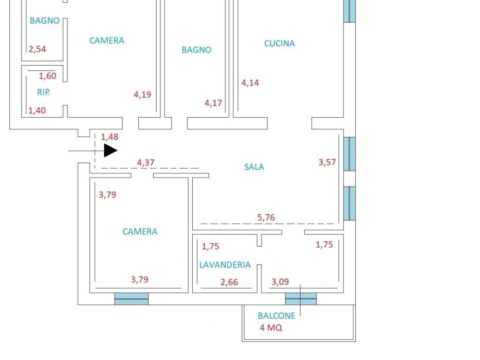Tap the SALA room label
[254, 167]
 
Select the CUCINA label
[279, 44]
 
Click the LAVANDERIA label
[225, 265]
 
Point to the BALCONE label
[277, 316]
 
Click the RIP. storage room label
[44, 93]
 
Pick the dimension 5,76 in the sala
[266, 217]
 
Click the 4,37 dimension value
[145, 163]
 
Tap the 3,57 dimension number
[327, 163]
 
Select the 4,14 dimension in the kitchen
[250, 83]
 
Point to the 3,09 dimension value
[280, 282]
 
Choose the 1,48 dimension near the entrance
[110, 137]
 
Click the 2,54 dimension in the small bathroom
[37, 49]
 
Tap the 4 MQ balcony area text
[271, 328]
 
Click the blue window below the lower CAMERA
[131, 299]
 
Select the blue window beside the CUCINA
[349, 11]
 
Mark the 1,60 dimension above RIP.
[47, 76]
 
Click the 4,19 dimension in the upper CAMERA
[142, 95]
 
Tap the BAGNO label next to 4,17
[196, 50]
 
